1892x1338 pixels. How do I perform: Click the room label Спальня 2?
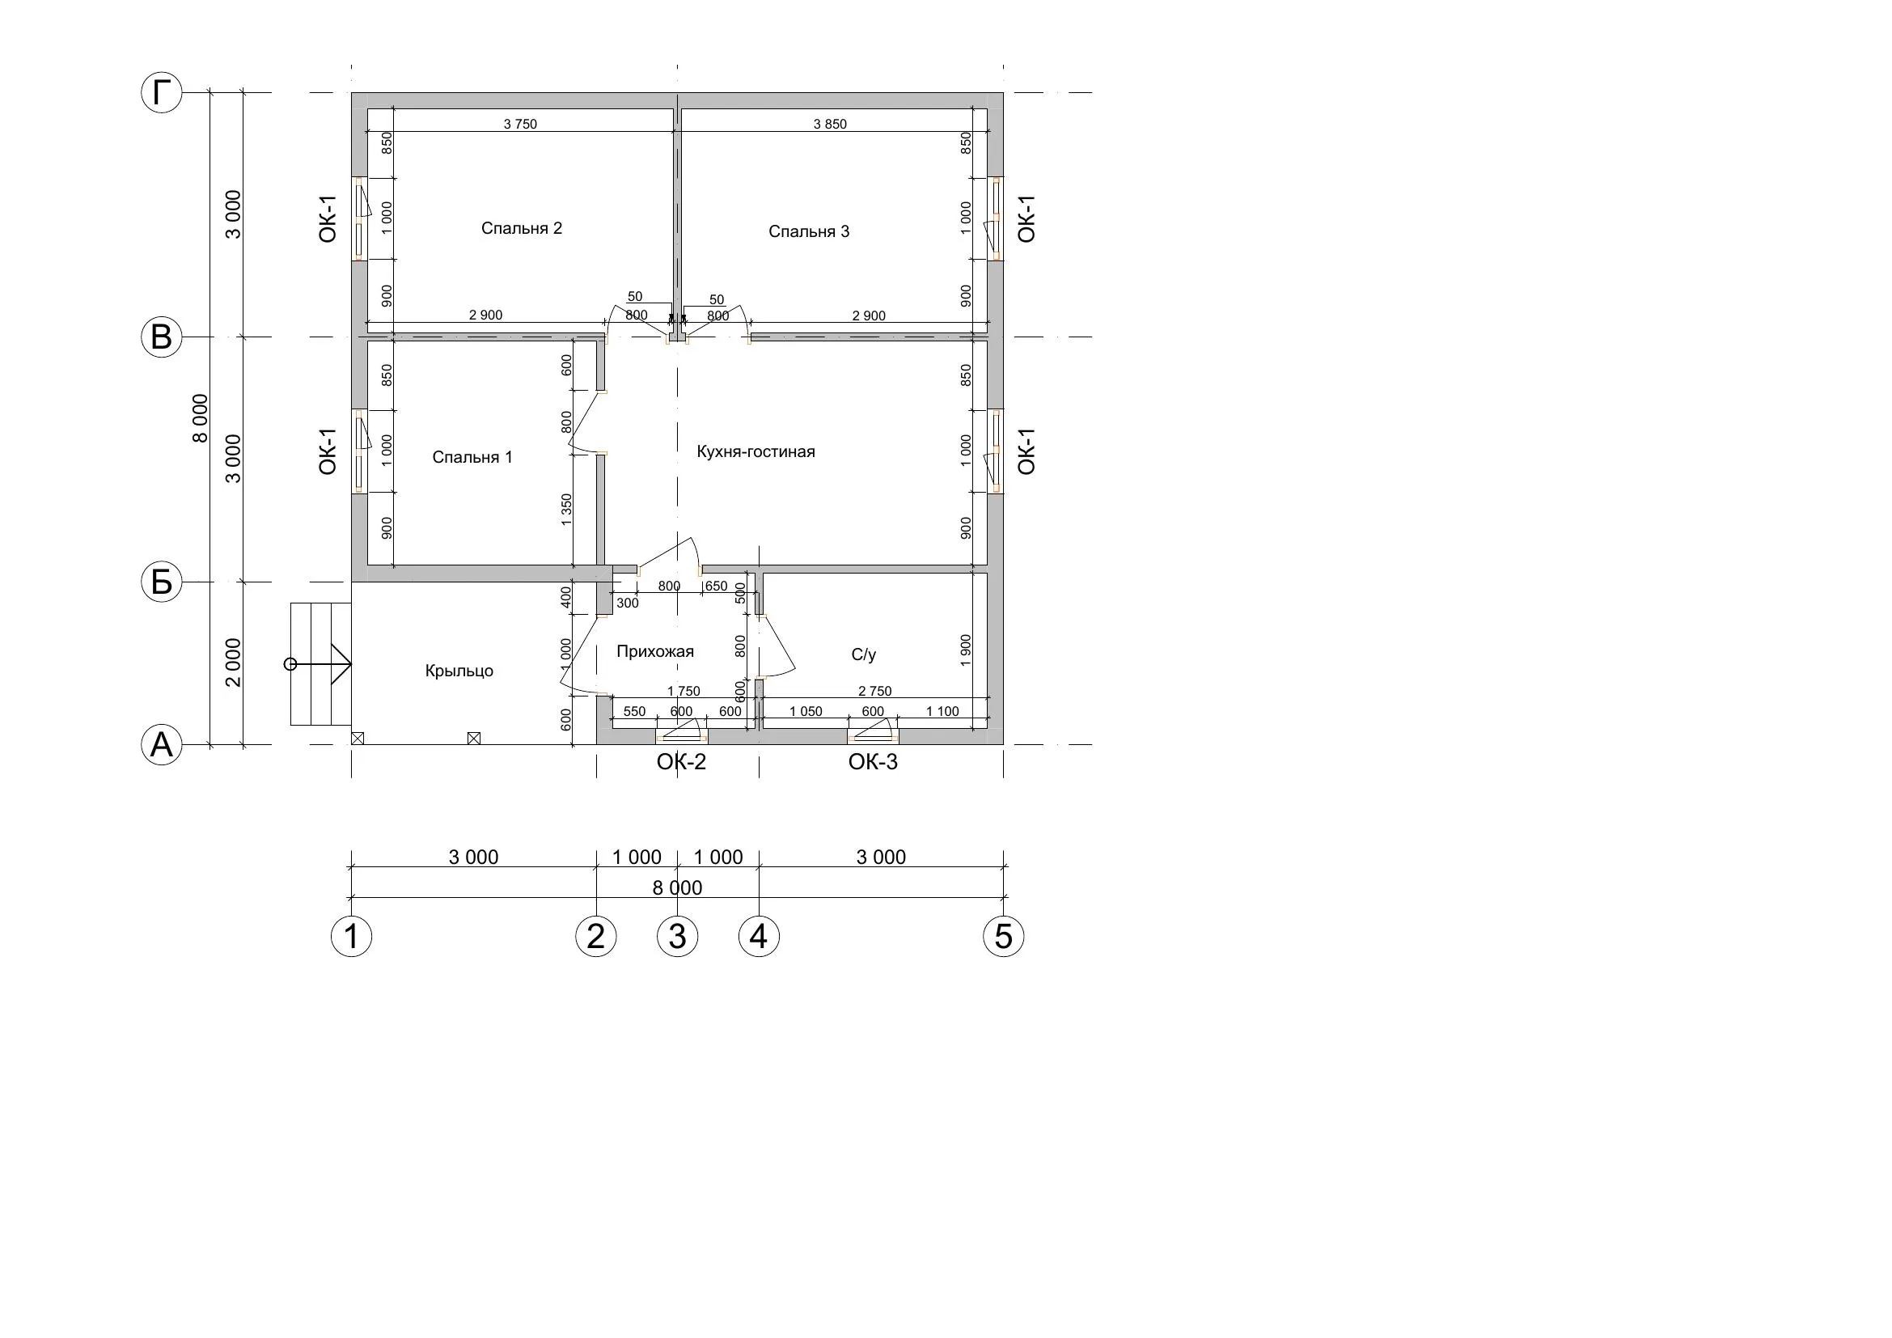[x=522, y=228]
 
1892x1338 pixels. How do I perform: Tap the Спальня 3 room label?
[x=808, y=231]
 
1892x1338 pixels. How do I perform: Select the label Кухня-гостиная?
[x=756, y=451]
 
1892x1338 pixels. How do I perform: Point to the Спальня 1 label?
[x=472, y=457]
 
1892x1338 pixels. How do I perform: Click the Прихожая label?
[x=655, y=652]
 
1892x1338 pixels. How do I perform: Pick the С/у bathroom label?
[x=864, y=655]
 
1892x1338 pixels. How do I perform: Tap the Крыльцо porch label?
[x=459, y=671]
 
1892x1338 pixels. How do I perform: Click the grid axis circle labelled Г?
[x=162, y=93]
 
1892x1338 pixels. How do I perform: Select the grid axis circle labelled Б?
[x=162, y=582]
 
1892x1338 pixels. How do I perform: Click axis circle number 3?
[x=677, y=936]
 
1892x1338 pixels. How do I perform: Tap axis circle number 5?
[x=1004, y=936]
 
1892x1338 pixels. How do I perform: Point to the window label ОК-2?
[x=681, y=762]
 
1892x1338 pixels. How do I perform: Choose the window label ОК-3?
[x=873, y=762]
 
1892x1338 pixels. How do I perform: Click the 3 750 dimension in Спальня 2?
[x=520, y=125]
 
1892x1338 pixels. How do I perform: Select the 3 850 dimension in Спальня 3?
[x=830, y=125]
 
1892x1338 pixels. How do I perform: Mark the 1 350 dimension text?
[x=566, y=509]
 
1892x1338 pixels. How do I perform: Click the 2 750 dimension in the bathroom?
[x=875, y=691]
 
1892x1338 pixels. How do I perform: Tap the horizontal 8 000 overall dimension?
[x=677, y=888]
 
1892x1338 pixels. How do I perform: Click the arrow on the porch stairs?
[x=321, y=664]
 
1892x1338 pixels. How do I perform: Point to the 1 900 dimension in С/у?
[x=967, y=651]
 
